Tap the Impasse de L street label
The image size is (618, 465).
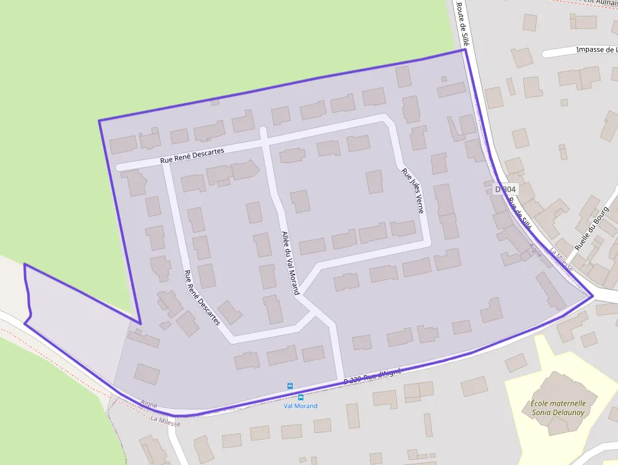[596, 50]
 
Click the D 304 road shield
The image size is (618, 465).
[505, 189]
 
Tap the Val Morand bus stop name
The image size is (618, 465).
[300, 406]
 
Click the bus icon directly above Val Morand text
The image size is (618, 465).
[300, 397]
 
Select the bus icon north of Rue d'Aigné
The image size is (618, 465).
[290, 386]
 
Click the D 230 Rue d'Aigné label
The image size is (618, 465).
[372, 377]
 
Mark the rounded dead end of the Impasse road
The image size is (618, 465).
[546, 53]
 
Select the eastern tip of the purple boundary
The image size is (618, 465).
[592, 295]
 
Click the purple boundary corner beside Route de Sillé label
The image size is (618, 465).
[464, 50]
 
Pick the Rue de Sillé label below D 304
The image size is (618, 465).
[519, 213]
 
